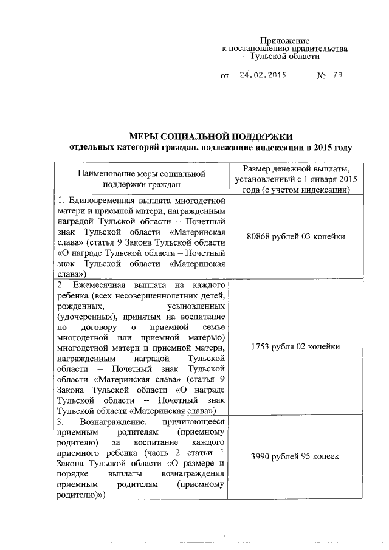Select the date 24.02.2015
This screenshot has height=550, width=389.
click(x=262, y=77)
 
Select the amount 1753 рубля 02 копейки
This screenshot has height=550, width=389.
click(x=294, y=346)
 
